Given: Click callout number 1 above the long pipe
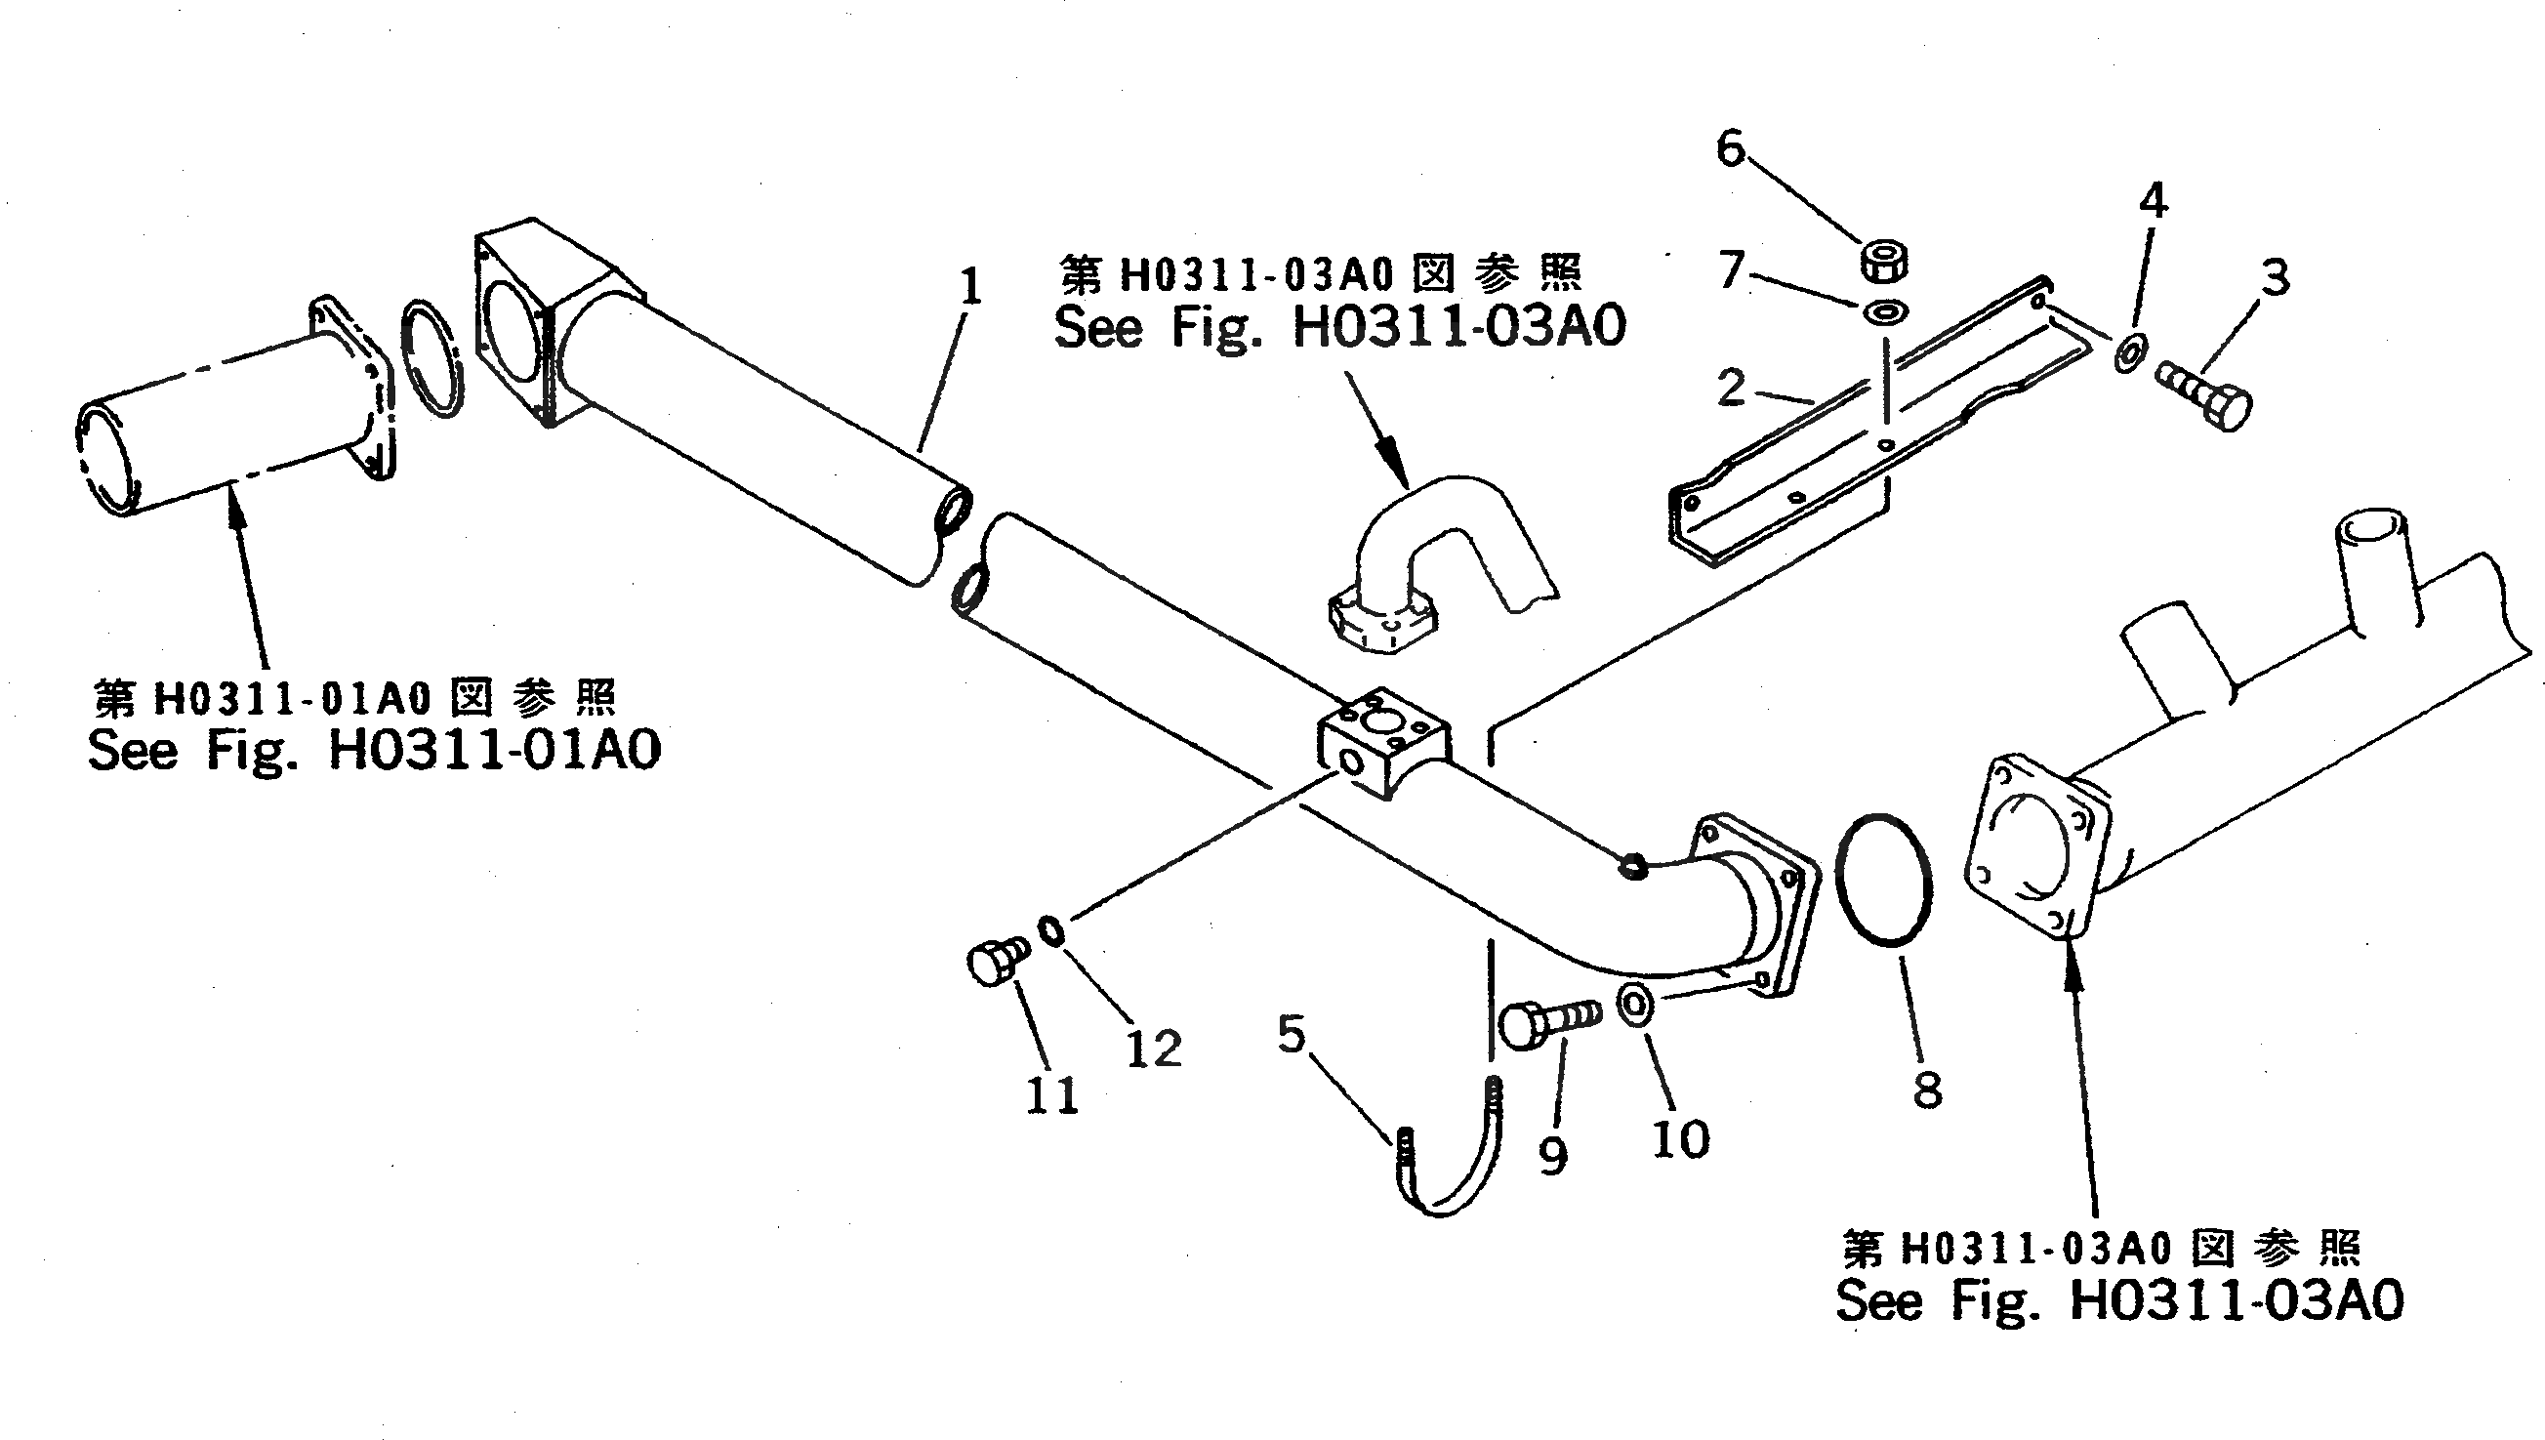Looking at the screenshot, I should (x=971, y=288).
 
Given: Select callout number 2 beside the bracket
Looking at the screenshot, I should (x=1730, y=387).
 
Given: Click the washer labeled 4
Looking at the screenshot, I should (x=2126, y=353).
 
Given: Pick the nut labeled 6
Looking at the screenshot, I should (x=1884, y=261).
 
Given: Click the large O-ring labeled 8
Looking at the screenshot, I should (x=1882, y=880).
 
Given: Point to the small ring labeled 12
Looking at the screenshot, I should (x=1050, y=930).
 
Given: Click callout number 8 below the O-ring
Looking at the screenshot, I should (x=1926, y=1090).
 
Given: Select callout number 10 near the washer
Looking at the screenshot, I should (x=1680, y=1139).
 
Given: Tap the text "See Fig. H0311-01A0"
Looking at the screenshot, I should (x=374, y=750).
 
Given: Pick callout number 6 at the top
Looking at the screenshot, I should (x=1730, y=148).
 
